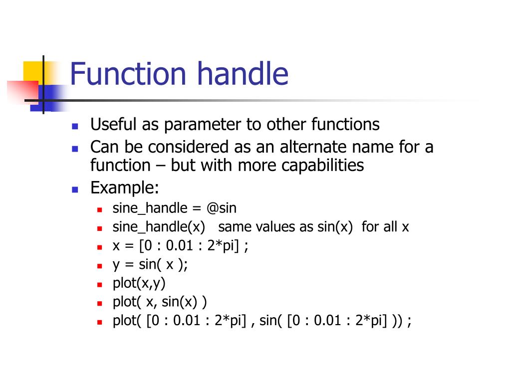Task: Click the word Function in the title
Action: point(129,73)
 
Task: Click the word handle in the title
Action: point(243,73)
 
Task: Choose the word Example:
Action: point(125,188)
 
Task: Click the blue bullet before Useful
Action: point(75,126)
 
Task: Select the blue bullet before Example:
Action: point(75,190)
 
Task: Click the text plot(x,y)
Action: point(139,283)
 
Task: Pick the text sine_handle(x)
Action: point(159,227)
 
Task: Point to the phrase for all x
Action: point(385,227)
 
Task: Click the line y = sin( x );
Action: point(150,264)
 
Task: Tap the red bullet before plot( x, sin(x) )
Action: point(100,303)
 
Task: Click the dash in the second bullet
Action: point(160,166)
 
